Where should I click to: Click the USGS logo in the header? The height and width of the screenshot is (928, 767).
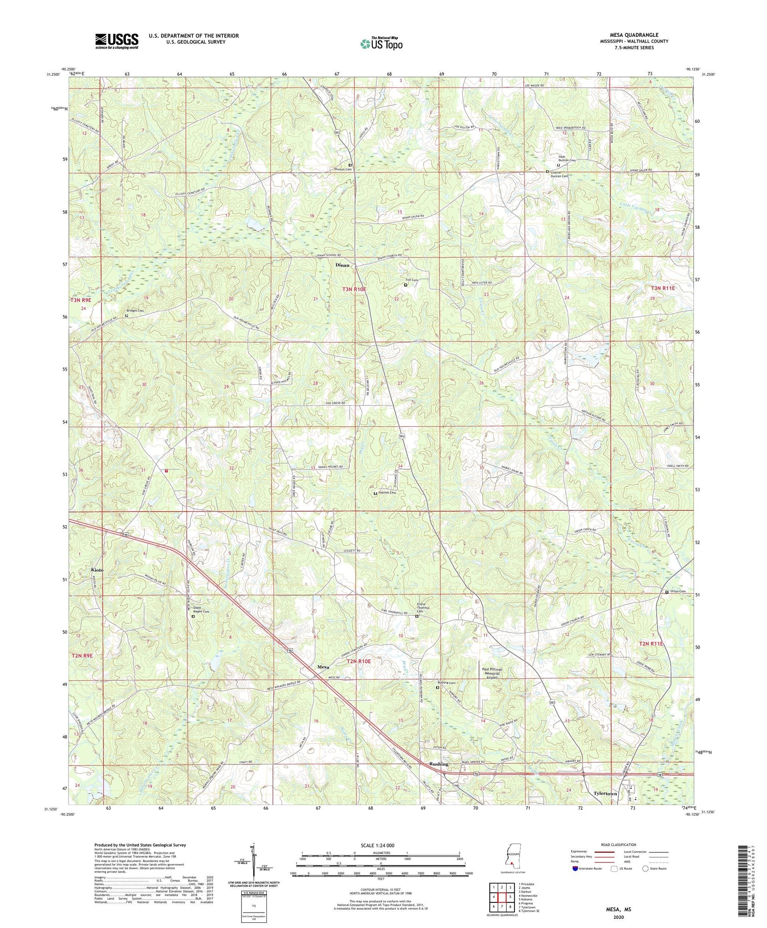tap(116, 41)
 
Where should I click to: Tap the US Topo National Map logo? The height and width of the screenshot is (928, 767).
tap(381, 43)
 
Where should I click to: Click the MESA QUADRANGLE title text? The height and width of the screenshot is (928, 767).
tap(633, 35)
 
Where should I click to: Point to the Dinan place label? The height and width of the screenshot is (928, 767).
tap(342, 265)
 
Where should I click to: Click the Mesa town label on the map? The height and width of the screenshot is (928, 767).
tap(323, 667)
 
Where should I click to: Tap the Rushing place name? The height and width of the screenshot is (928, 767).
tap(439, 764)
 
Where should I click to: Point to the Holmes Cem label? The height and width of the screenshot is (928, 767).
tap(388, 493)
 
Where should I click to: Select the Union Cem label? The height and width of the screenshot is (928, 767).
tap(678, 592)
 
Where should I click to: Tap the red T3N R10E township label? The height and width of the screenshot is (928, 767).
tap(354, 290)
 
